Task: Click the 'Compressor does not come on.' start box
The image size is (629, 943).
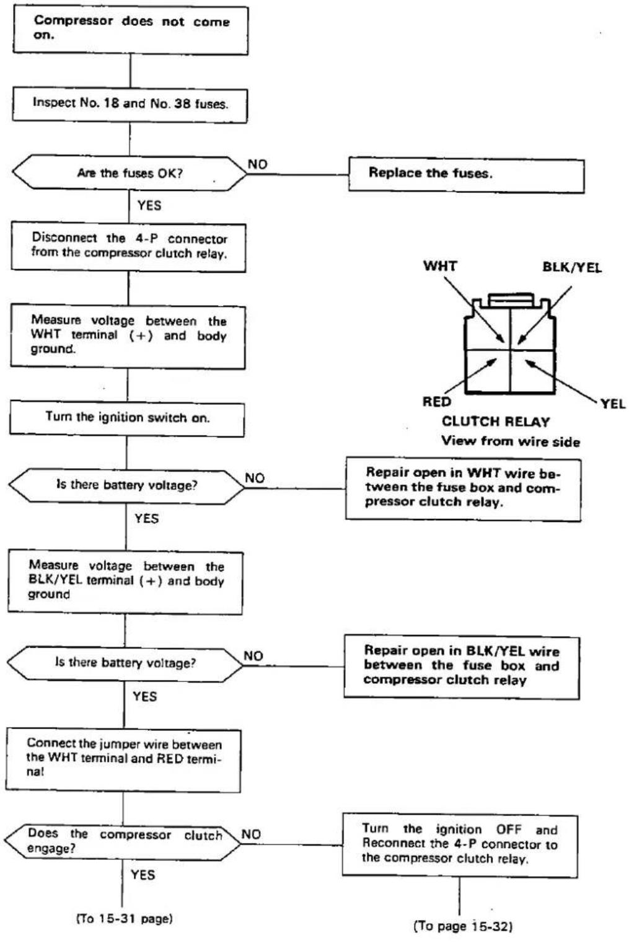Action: tap(130, 30)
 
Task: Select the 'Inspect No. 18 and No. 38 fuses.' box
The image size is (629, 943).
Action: tap(130, 105)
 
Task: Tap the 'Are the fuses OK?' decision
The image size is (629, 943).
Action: tap(130, 173)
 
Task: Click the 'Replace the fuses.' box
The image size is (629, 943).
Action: tap(466, 175)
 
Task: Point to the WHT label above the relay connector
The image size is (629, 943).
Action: tap(440, 266)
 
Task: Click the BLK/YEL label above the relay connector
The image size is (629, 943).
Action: tap(572, 267)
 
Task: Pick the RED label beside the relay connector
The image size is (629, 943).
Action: tap(436, 402)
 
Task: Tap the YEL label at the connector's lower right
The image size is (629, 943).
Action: tap(613, 404)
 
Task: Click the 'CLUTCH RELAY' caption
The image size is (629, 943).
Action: tap(496, 422)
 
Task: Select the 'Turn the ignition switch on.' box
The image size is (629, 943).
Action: tap(127, 418)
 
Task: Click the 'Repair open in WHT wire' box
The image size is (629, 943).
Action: tap(464, 489)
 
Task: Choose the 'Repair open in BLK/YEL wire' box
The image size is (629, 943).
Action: tap(462, 667)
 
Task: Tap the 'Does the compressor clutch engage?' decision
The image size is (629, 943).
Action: tap(123, 842)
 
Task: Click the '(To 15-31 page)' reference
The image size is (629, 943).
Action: tap(125, 919)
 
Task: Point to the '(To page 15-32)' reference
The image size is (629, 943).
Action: tap(464, 926)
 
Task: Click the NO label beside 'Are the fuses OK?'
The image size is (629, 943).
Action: tap(258, 164)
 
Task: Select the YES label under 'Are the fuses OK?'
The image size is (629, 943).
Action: tap(149, 205)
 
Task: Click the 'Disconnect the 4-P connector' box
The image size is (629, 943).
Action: tap(129, 247)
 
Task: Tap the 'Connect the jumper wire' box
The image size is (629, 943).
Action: tap(123, 760)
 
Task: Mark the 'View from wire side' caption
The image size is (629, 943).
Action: tap(511, 441)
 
